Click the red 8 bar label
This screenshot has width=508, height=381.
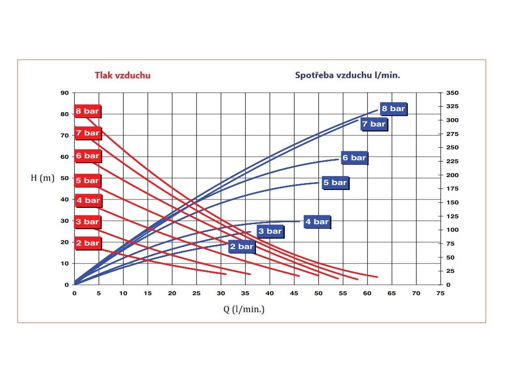pos(87,111)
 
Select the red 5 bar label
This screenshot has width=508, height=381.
pos(87,181)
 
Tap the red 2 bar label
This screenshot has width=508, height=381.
pos(87,243)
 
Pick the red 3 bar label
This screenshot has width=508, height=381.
pos(87,222)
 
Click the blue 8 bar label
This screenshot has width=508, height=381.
pos(393,109)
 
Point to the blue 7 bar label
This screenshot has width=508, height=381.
pos(374,124)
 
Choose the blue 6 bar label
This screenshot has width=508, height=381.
pos(354,158)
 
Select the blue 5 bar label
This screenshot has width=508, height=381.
pos(335,183)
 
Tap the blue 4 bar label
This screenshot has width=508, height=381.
pos(317,222)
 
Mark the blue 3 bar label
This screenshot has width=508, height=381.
pos(270,231)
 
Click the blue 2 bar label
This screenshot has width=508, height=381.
pos(242,247)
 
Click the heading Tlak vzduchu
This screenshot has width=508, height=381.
pos(123,75)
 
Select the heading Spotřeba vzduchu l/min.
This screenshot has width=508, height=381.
pos(347,75)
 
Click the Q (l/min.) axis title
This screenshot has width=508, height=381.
pos(244,309)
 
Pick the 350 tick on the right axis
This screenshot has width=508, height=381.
pos(452,93)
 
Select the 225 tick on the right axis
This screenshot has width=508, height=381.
pos(452,161)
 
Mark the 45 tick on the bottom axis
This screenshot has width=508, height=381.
pos(294,293)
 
